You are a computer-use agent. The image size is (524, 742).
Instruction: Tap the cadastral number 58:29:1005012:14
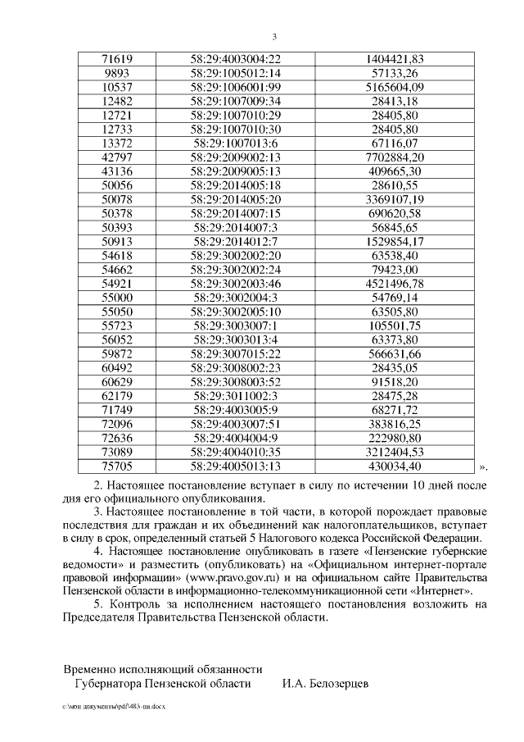235,73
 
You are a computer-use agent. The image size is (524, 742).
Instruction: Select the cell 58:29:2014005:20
235,199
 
